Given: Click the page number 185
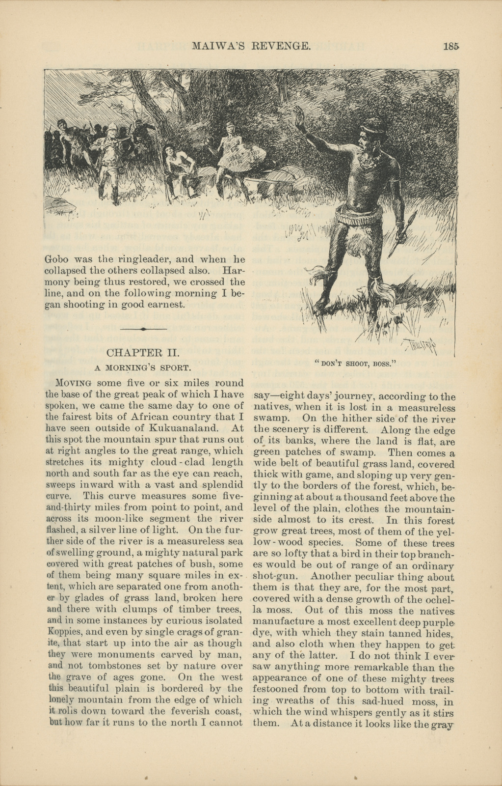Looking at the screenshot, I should click(450, 47).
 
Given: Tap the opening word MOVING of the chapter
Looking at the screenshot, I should click(74, 383).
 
